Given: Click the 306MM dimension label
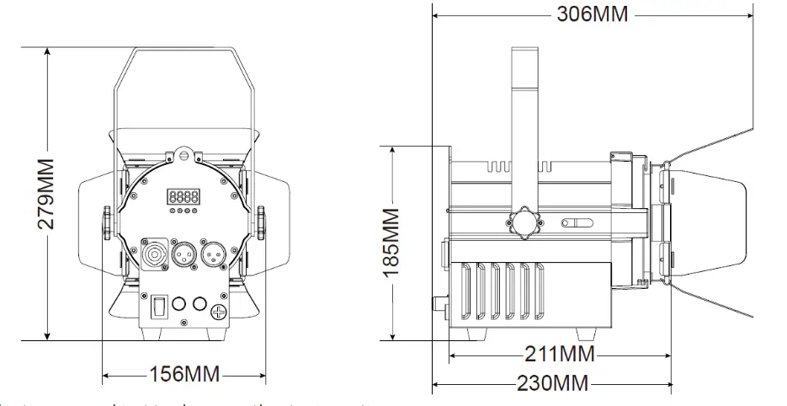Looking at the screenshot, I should [x=592, y=16].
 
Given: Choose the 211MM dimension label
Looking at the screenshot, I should [x=559, y=353].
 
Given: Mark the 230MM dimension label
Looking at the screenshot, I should [x=552, y=383].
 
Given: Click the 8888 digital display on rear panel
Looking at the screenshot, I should [x=184, y=196].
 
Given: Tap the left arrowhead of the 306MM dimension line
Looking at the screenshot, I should [x=436, y=15].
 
